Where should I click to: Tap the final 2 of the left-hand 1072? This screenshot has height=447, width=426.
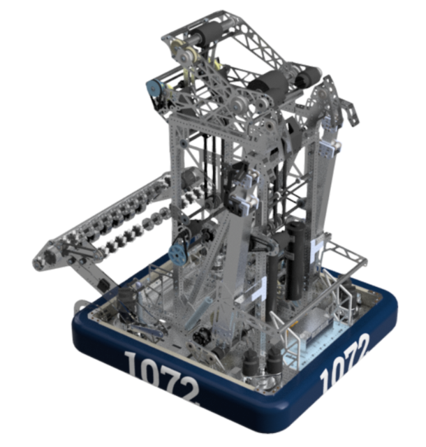pos(188,392)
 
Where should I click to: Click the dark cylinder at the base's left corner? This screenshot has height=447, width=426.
pos(126,305)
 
